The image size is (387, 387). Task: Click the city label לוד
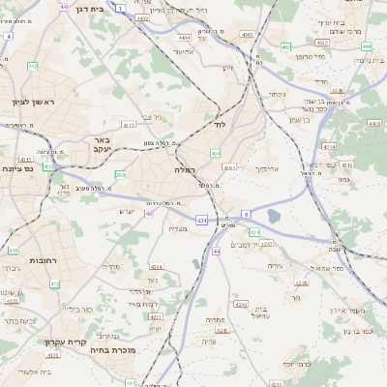[220, 126]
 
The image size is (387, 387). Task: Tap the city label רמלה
[186, 168]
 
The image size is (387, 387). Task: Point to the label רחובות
[19, 261]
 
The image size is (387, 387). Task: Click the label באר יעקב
[95, 145]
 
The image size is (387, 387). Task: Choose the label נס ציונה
[18, 168]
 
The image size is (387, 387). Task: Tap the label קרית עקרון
[65, 342]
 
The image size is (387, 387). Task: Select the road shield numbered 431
[201, 221]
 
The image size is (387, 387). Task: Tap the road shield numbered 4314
[328, 147]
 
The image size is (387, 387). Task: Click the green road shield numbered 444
[366, 45]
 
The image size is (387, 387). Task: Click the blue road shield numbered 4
[8, 36]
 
